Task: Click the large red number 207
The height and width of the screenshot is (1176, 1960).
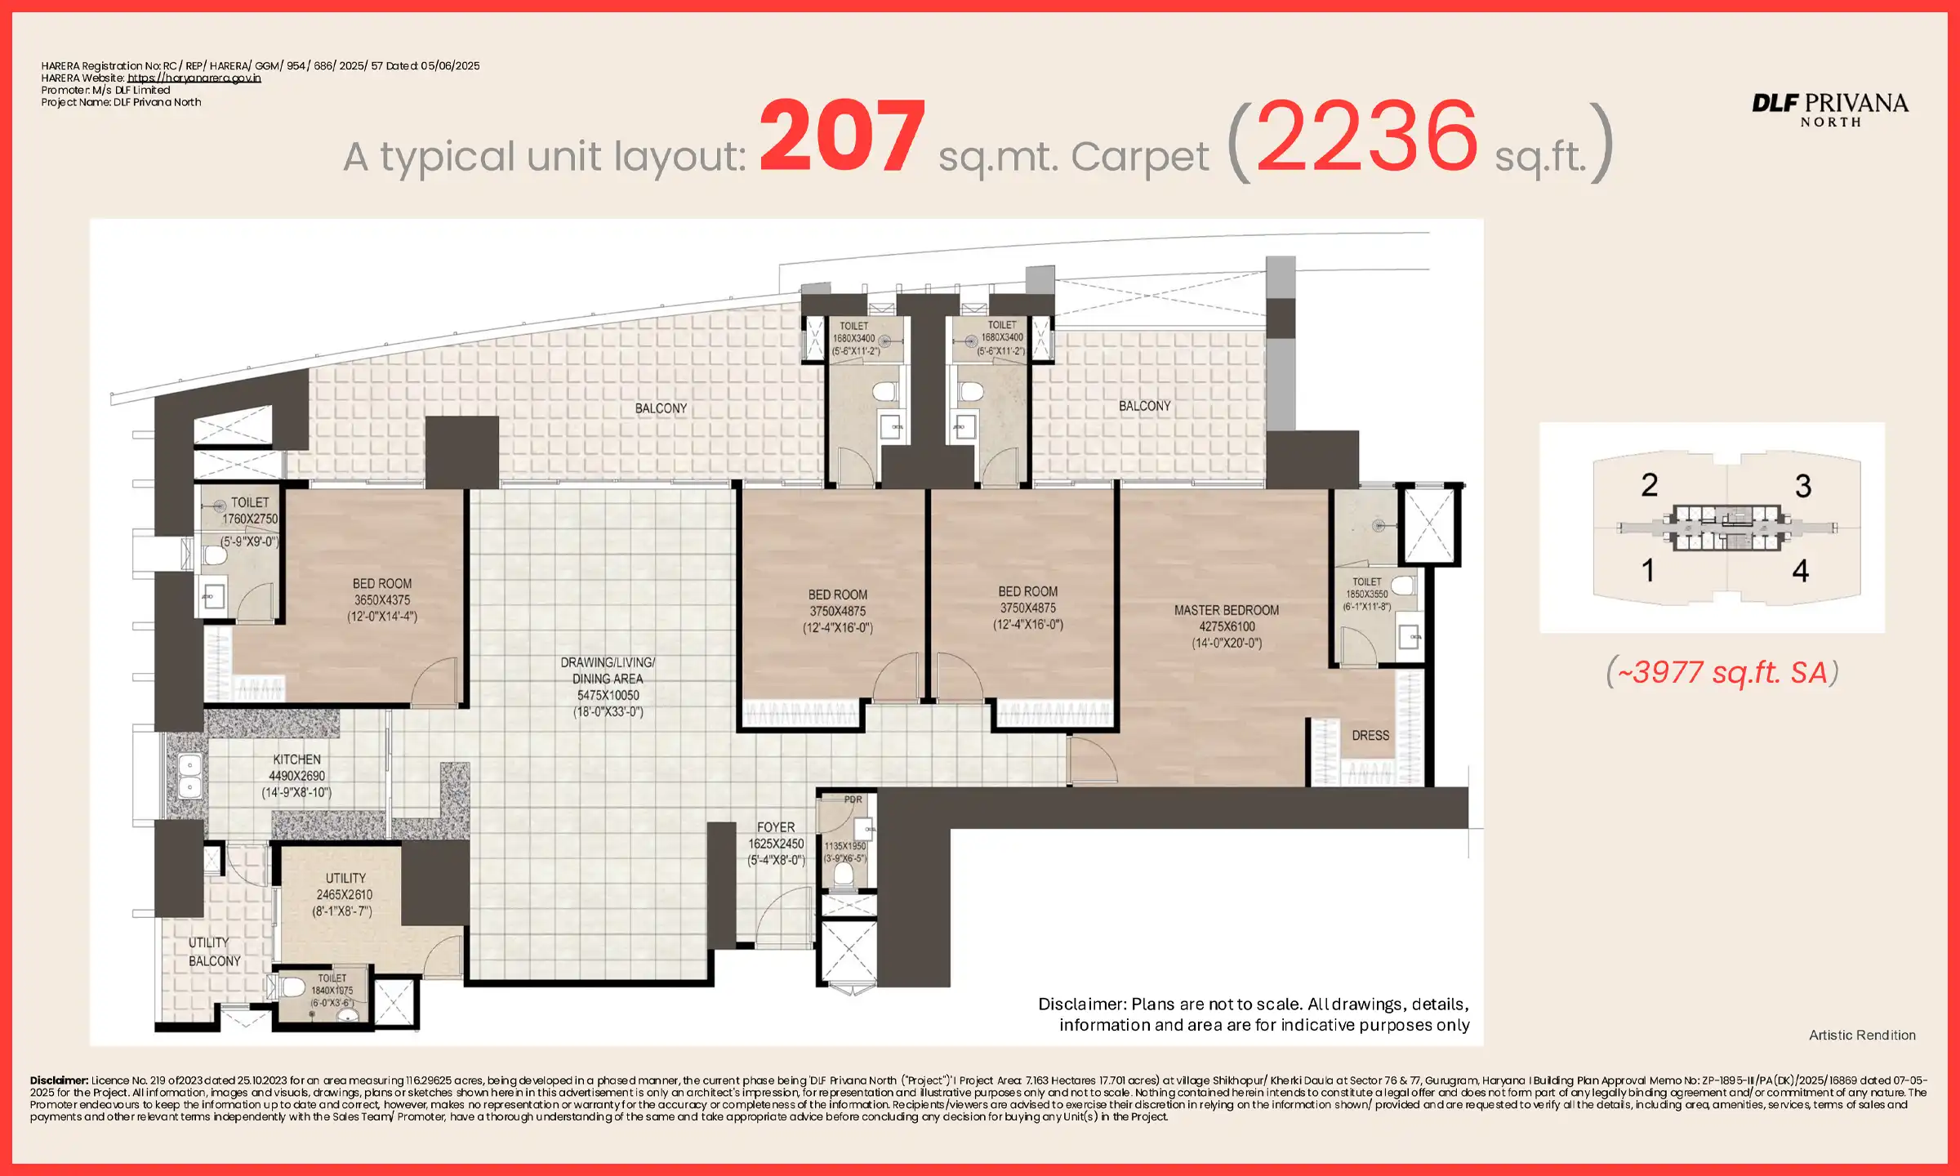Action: click(x=842, y=135)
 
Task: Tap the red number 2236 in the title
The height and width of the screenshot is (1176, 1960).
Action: click(x=1366, y=136)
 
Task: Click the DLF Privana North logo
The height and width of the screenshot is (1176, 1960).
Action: click(x=1829, y=109)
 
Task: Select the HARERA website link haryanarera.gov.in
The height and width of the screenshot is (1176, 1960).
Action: click(x=194, y=78)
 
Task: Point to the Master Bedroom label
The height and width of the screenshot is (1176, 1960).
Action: click(x=1226, y=626)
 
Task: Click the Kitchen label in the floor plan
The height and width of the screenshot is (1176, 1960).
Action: click(x=296, y=775)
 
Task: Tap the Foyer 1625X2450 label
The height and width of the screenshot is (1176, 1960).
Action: click(x=776, y=843)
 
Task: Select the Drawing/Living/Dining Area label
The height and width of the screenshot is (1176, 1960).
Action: click(x=608, y=686)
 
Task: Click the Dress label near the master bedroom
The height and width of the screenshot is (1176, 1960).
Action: click(x=1370, y=735)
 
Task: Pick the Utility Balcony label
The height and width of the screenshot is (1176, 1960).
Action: click(x=213, y=951)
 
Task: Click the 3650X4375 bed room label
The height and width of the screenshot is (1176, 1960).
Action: click(x=382, y=599)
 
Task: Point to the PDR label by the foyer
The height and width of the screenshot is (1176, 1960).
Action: click(x=853, y=800)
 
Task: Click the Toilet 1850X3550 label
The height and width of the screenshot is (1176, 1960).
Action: click(x=1366, y=594)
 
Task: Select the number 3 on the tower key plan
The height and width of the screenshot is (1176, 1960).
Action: click(x=1802, y=487)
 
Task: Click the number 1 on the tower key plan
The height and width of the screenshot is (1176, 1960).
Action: click(x=1648, y=570)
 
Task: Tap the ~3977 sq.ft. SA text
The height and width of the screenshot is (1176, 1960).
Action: click(x=1722, y=672)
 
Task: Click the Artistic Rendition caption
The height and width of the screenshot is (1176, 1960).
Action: click(x=1861, y=1035)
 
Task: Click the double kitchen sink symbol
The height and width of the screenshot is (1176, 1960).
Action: click(x=189, y=776)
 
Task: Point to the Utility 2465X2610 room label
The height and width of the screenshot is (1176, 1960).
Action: click(x=344, y=894)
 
